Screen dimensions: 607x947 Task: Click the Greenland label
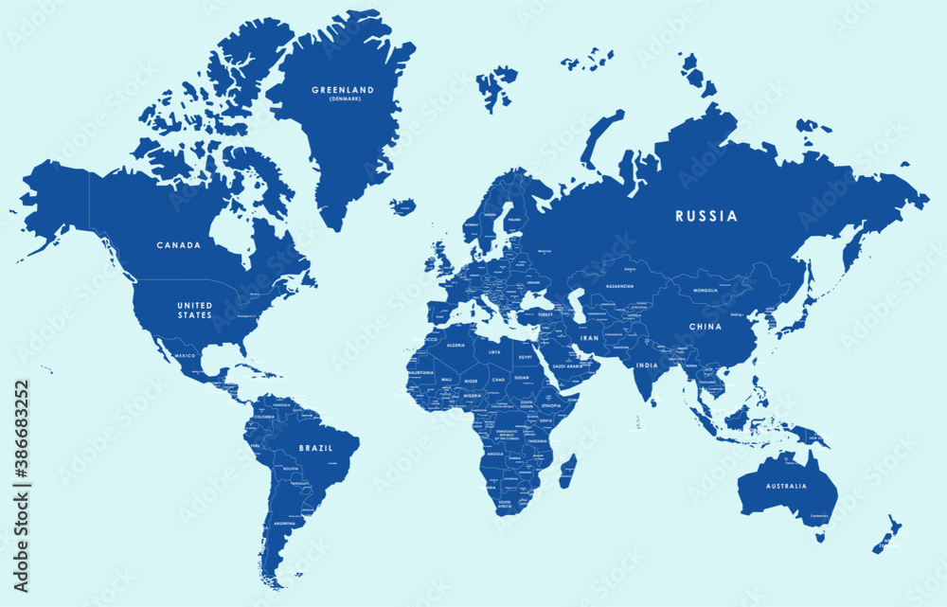[343, 90]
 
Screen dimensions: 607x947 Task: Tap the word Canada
[179, 245]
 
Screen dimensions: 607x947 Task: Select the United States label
[194, 310]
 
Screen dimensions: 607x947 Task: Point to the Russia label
[706, 216]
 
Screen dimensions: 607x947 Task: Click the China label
[705, 327]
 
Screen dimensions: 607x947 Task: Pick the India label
[647, 366]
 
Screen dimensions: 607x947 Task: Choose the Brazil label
[315, 449]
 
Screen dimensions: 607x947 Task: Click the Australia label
[787, 486]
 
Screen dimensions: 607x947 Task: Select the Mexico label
[185, 355]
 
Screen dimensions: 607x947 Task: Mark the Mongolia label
[706, 290]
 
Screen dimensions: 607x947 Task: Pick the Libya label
[494, 352]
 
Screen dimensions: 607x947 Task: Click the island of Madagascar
[567, 471]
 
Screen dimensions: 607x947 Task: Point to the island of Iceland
[403, 205]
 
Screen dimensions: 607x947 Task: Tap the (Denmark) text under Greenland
[343, 99]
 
